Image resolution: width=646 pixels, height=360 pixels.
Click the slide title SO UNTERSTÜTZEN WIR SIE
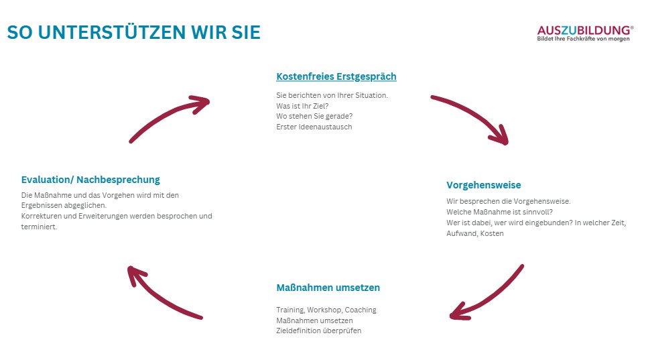click(x=133, y=32)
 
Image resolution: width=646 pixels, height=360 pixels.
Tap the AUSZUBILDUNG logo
click(x=584, y=30)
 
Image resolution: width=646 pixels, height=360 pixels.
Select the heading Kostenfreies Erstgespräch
click(x=336, y=76)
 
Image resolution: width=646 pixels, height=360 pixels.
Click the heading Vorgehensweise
click(x=483, y=185)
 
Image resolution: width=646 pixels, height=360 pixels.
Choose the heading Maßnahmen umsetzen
click(x=328, y=288)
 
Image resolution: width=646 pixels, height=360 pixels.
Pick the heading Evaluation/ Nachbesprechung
click(x=90, y=180)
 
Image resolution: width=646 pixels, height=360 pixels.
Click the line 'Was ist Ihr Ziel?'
click(x=302, y=106)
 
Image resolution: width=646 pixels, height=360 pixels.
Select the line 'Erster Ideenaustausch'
click(x=314, y=127)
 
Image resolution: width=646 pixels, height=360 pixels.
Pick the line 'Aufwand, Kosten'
click(x=474, y=233)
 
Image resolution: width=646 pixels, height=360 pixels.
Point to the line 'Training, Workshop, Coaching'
click(x=326, y=310)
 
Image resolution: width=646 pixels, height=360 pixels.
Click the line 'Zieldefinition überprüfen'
click(x=318, y=331)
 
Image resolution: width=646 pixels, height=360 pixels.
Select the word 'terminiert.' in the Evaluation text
click(x=39, y=227)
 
